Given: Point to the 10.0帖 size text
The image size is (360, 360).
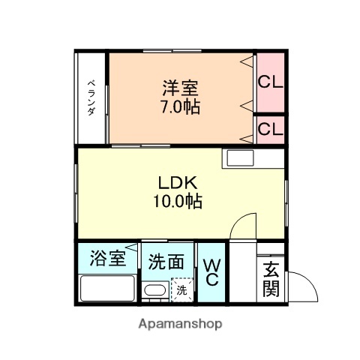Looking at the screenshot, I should (x=179, y=201).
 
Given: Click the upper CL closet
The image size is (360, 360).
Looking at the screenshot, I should (x=270, y=82).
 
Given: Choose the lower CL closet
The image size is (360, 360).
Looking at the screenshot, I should (x=270, y=129).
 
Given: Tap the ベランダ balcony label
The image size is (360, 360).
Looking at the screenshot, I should (x=90, y=97).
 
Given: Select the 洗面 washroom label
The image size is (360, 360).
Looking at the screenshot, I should (x=166, y=262).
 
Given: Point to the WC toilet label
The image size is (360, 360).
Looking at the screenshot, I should (x=211, y=272).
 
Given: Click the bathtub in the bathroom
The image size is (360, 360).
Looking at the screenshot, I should (x=107, y=289).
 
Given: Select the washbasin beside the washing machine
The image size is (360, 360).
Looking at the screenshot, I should (x=155, y=292).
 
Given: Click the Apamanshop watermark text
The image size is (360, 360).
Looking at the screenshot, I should (x=180, y=325).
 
